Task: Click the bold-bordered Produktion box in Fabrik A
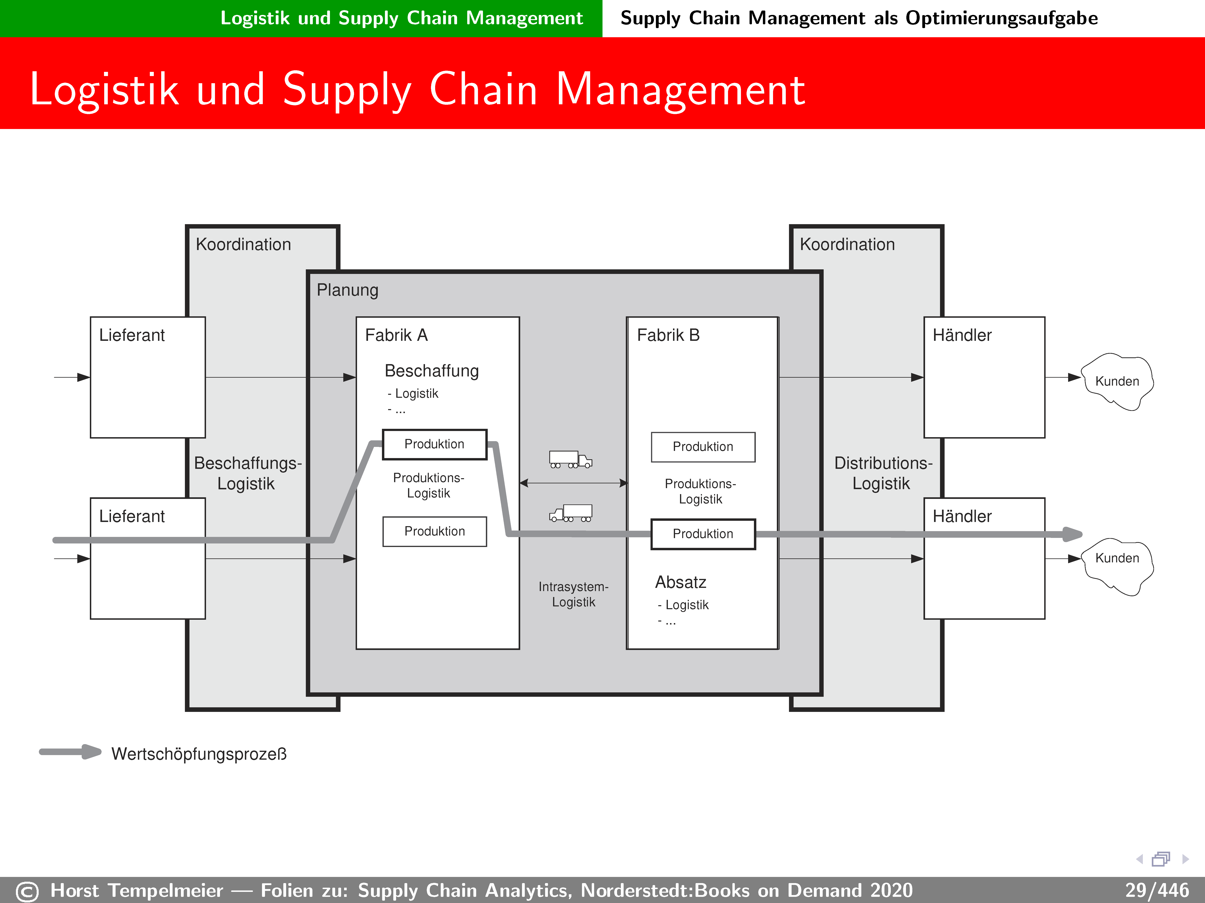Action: (x=434, y=444)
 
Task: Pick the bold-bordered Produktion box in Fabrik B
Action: (x=703, y=534)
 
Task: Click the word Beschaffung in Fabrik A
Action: (x=431, y=371)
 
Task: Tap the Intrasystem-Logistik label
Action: (x=573, y=594)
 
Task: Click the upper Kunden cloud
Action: (x=1117, y=381)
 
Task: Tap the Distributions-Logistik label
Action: (x=882, y=473)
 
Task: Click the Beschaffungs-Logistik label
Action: (x=247, y=473)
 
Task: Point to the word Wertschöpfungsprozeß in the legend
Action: (x=199, y=754)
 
